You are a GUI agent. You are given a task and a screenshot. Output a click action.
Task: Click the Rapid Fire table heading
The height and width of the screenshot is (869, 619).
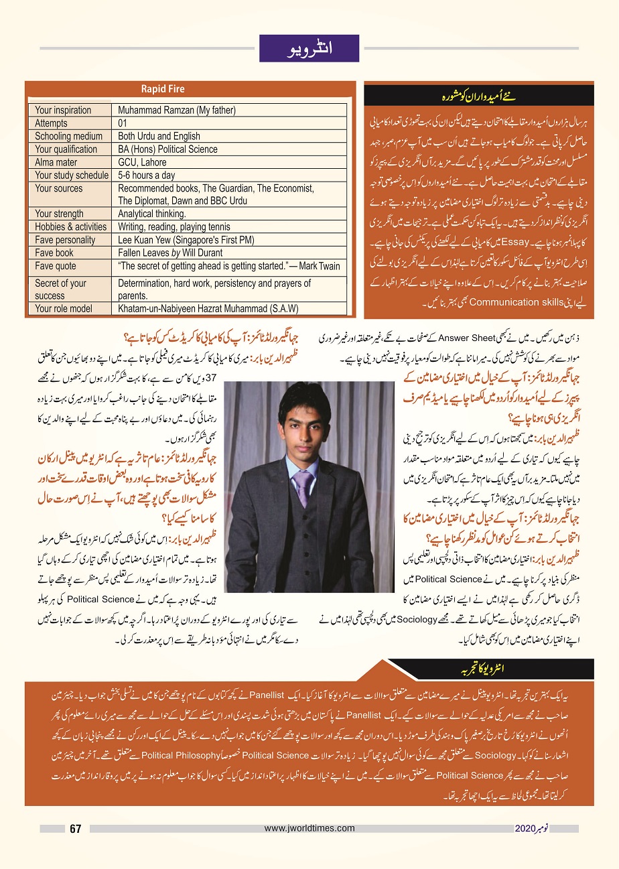163,89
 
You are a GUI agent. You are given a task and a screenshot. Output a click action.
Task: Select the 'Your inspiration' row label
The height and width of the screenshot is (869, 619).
63,111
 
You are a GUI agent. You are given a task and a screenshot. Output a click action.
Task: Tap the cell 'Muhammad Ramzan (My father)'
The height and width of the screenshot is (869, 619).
177,111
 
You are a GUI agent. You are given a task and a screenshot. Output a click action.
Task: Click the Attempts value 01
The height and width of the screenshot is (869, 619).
123,123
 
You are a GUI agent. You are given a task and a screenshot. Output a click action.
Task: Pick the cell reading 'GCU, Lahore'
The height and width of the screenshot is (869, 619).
142,162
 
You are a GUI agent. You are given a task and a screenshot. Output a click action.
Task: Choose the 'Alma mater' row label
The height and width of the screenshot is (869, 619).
56,162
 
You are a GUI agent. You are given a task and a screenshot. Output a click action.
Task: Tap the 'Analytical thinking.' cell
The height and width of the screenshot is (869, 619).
152,214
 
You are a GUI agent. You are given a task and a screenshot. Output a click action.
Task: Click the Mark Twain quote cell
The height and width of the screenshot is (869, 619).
228,266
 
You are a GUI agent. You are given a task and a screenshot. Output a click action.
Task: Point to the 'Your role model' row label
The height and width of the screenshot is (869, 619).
65,309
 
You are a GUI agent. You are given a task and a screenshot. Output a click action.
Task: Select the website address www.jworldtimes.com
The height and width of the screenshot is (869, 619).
309,828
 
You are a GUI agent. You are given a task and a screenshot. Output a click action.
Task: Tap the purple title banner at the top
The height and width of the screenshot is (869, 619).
309,48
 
